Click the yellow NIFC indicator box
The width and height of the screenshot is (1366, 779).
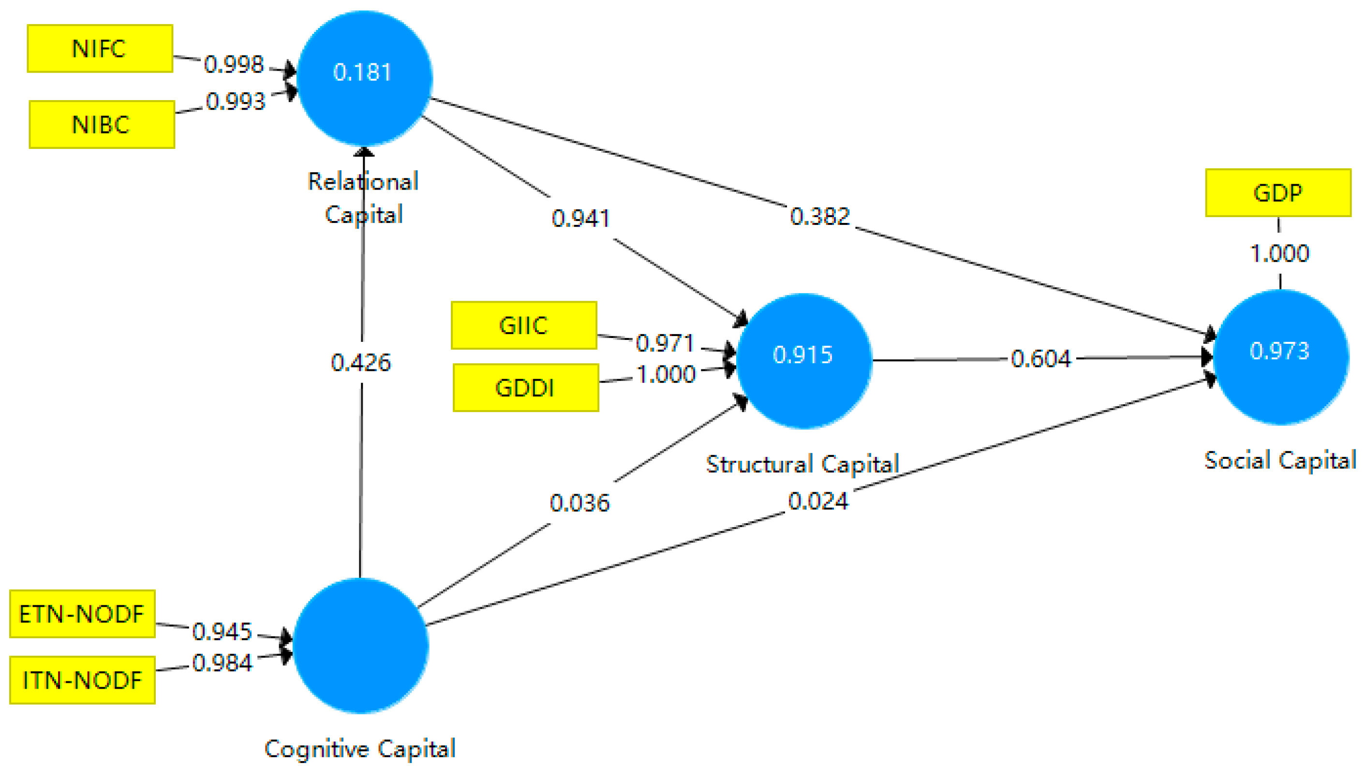(100, 48)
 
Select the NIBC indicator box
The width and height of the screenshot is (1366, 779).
(102, 124)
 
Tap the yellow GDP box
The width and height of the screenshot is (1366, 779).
(1277, 192)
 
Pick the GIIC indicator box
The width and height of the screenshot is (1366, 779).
(524, 325)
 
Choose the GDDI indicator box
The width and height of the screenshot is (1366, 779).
(525, 387)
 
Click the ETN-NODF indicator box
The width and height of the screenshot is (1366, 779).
(82, 614)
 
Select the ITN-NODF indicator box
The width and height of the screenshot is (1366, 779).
(82, 679)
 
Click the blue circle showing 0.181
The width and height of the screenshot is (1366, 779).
(364, 77)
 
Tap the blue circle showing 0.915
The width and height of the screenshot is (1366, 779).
(803, 360)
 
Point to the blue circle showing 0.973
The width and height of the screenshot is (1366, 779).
(1280, 356)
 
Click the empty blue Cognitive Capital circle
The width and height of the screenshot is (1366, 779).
(361, 645)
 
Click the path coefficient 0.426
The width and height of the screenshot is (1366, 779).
(361, 363)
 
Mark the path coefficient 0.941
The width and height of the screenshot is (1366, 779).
(581, 218)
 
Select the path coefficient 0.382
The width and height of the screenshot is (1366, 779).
(820, 217)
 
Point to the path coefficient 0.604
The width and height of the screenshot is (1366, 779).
(1040, 358)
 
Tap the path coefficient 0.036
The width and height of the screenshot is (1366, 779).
(579, 503)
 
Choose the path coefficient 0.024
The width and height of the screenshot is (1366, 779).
(818, 501)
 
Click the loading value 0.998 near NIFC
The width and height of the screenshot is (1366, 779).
(234, 65)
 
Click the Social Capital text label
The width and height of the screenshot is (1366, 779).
(1279, 460)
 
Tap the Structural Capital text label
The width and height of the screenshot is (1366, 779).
(802, 464)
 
